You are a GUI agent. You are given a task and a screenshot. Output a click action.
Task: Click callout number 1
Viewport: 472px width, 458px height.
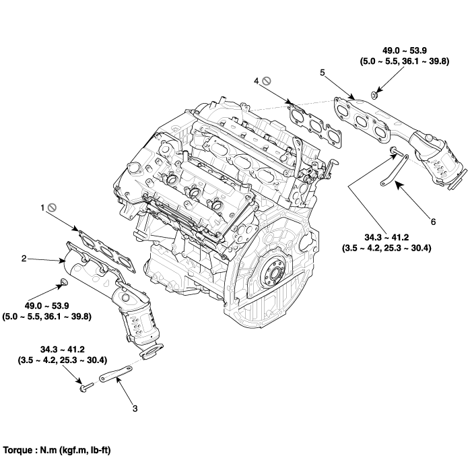42,209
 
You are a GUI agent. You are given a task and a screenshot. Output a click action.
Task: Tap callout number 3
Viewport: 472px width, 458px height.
135,408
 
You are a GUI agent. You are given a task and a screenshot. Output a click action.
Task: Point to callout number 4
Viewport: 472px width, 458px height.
256,81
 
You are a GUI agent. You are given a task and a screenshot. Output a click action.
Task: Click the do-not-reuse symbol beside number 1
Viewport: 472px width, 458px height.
51,209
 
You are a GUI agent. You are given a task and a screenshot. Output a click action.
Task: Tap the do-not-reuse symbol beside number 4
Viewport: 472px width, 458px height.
266,81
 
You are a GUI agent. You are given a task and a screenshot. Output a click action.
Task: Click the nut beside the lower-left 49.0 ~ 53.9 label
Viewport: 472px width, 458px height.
63,280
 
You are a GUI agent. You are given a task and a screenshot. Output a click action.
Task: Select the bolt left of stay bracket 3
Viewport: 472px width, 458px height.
85,387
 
